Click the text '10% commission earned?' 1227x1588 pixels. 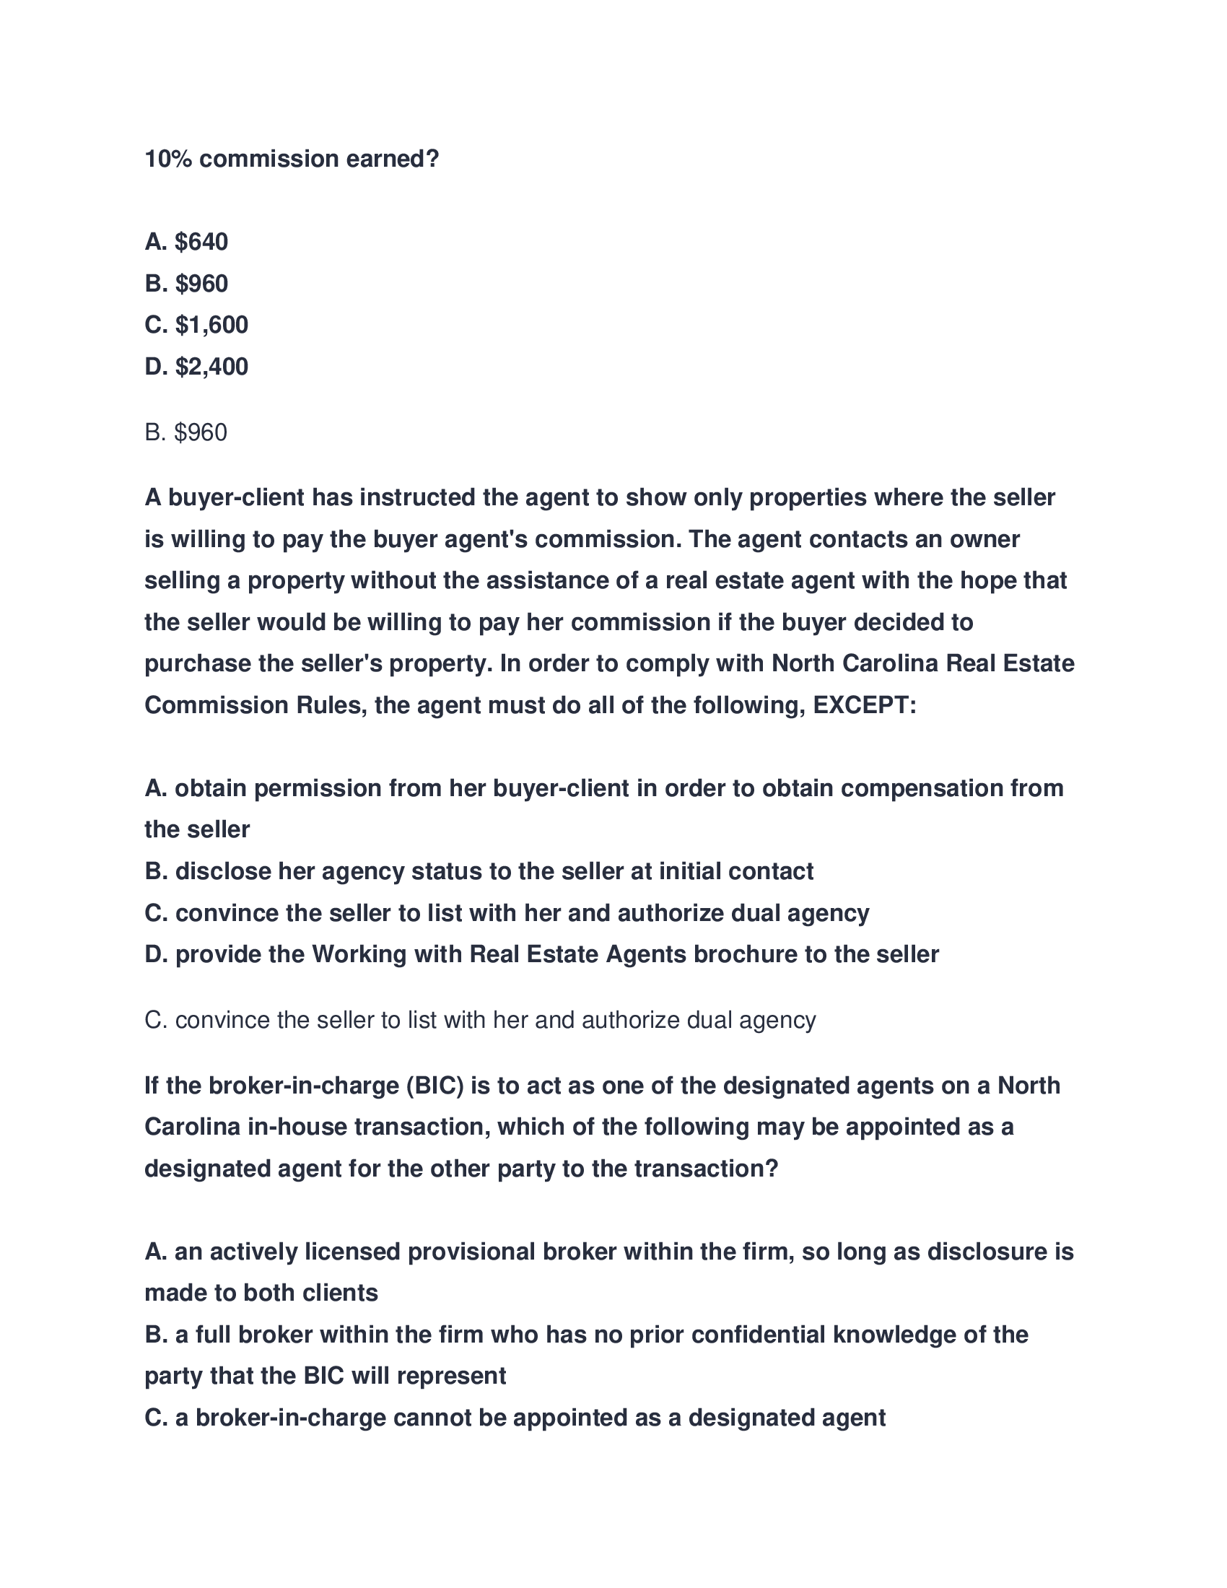coord(292,159)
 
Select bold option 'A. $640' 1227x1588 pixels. coord(186,241)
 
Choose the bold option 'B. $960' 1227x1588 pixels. coord(186,284)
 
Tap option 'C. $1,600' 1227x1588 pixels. coord(196,325)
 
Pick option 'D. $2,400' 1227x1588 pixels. coord(196,367)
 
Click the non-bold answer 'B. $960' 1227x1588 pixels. coord(186,432)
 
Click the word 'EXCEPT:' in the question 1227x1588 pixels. coord(864,705)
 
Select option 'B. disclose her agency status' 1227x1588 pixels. coord(479,871)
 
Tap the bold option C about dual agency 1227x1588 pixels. coord(507,913)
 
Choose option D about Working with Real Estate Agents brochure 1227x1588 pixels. coord(541,955)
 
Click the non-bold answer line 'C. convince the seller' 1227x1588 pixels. coord(480,1020)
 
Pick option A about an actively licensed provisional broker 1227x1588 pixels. coord(608,1252)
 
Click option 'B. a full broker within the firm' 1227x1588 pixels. coord(586,1335)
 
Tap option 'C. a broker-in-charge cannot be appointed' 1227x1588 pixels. coord(515,1418)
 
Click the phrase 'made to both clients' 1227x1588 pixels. coord(261,1293)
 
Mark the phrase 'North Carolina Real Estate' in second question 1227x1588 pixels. coord(922,664)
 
